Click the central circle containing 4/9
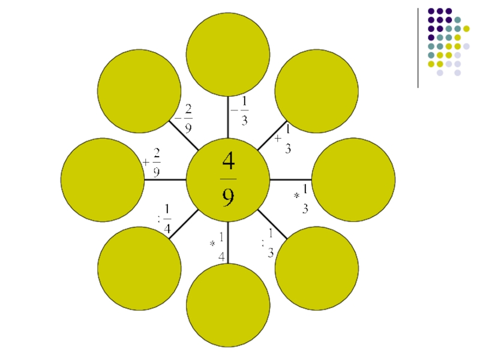click(228, 179)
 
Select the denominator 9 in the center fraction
click(229, 196)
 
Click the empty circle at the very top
click(228, 54)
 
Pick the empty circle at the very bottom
click(228, 305)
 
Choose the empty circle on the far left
click(103, 179)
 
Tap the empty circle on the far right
click(353, 179)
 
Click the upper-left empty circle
click(139, 91)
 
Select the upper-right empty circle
click(317, 91)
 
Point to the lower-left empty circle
click(139, 268)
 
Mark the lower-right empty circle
click(317, 268)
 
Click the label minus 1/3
click(241, 110)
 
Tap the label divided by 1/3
click(268, 244)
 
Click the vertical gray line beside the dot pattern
click(418, 47)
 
